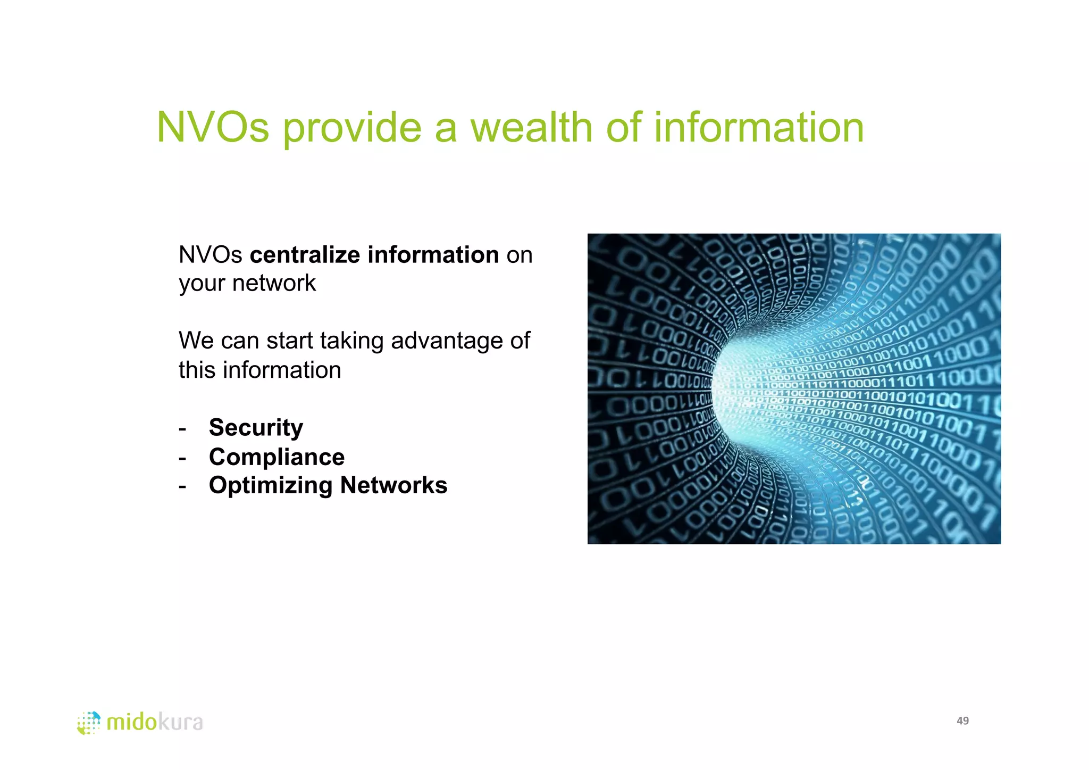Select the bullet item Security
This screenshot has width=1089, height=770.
(x=256, y=427)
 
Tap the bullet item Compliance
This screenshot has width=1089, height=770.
(x=277, y=457)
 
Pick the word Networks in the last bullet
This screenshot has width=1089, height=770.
(x=393, y=485)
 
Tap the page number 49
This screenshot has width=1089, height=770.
(x=962, y=721)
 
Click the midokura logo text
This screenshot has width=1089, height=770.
(x=154, y=722)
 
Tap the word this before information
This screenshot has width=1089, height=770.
(x=197, y=370)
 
